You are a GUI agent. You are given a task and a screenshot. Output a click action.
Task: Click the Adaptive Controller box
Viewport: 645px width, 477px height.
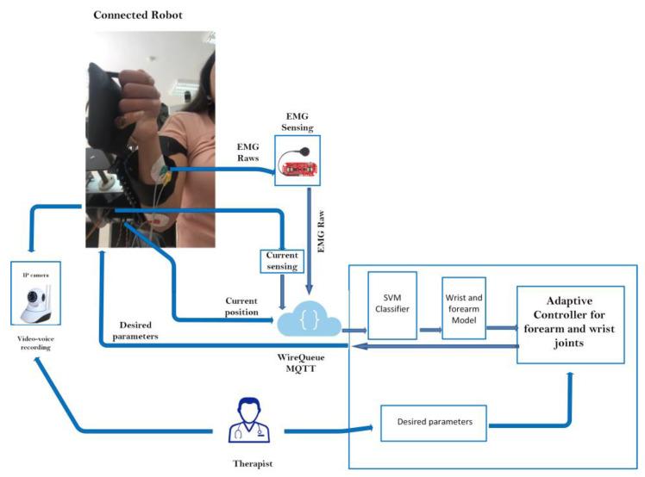tap(570, 323)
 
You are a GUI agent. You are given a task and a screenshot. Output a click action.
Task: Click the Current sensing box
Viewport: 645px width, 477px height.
tap(281, 261)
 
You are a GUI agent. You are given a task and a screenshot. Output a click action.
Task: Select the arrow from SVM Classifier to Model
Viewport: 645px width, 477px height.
tap(428, 328)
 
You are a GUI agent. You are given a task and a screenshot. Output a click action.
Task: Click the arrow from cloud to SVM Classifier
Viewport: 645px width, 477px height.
tap(353, 329)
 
